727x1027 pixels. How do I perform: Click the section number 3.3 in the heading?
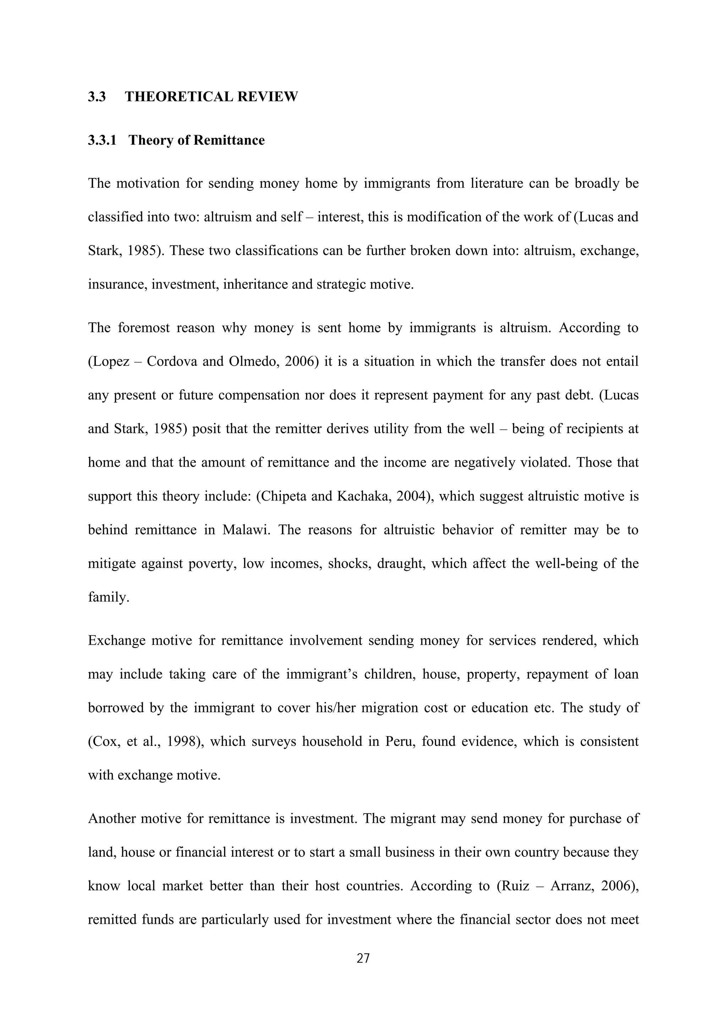(97, 96)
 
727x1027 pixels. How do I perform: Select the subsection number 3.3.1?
(102, 140)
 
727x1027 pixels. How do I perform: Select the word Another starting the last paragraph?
(112, 818)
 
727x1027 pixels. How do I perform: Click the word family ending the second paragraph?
(108, 597)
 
